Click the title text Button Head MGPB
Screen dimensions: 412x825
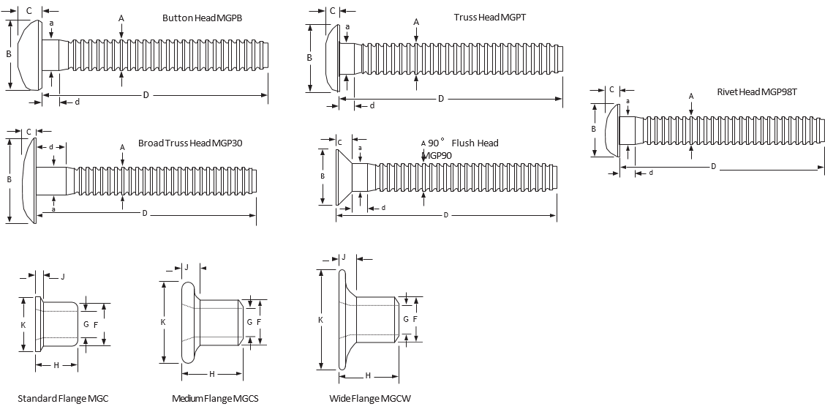(x=202, y=18)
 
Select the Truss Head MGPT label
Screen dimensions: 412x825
(x=489, y=17)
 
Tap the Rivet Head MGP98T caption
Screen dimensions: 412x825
(x=756, y=93)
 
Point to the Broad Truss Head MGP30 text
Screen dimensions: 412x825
(x=190, y=143)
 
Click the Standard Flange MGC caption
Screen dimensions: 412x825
(x=63, y=399)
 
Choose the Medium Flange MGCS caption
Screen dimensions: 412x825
(x=215, y=399)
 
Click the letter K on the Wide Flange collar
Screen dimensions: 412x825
(x=320, y=321)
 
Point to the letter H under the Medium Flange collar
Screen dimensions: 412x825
(x=211, y=374)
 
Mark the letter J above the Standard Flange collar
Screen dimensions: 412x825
(x=63, y=277)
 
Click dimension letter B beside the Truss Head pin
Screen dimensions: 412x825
(x=309, y=58)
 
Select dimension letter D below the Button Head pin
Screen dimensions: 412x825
(x=146, y=96)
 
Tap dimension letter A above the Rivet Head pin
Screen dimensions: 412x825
(x=691, y=96)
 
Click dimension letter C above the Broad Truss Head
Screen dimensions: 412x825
(x=29, y=132)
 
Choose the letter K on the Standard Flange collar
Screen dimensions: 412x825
(x=23, y=324)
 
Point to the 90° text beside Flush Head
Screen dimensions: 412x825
(x=437, y=143)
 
